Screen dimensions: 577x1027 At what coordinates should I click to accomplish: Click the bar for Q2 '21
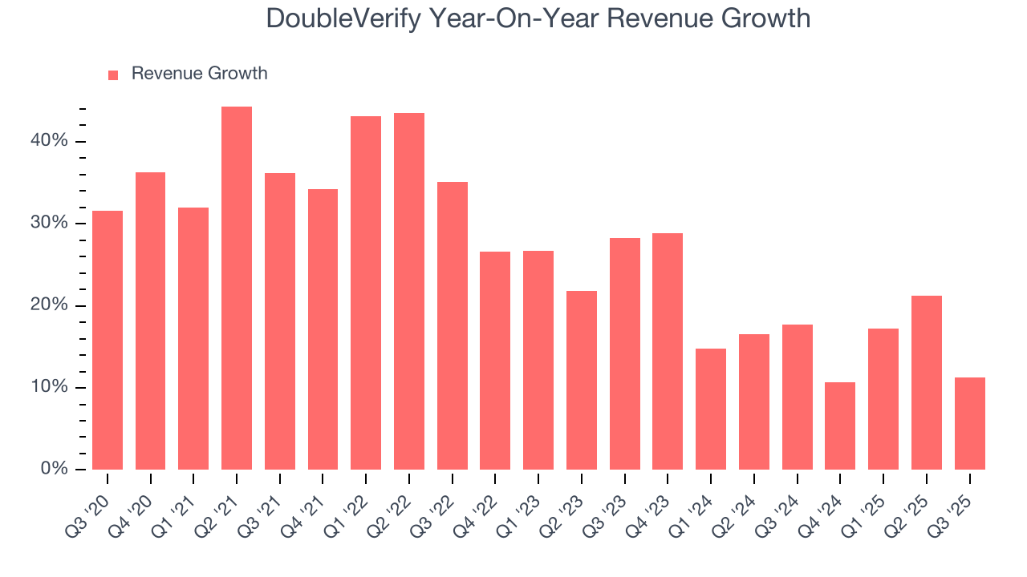click(237, 288)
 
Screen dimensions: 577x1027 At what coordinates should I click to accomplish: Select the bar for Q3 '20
click(108, 340)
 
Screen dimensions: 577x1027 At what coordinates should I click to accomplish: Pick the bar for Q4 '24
click(840, 426)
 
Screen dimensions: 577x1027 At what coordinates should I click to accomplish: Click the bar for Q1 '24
click(711, 409)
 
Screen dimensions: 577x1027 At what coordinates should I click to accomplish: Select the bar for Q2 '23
click(582, 380)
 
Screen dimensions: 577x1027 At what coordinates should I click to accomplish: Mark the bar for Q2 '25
click(927, 382)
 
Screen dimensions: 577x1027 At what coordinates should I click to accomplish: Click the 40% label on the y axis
click(50, 141)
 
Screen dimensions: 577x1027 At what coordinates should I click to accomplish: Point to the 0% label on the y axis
click(54, 469)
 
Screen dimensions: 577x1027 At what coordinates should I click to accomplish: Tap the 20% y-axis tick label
click(50, 305)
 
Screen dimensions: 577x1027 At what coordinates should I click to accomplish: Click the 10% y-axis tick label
click(50, 387)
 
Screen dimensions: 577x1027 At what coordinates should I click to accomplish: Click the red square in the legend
click(113, 75)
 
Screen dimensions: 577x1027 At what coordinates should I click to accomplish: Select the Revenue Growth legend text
click(199, 74)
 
